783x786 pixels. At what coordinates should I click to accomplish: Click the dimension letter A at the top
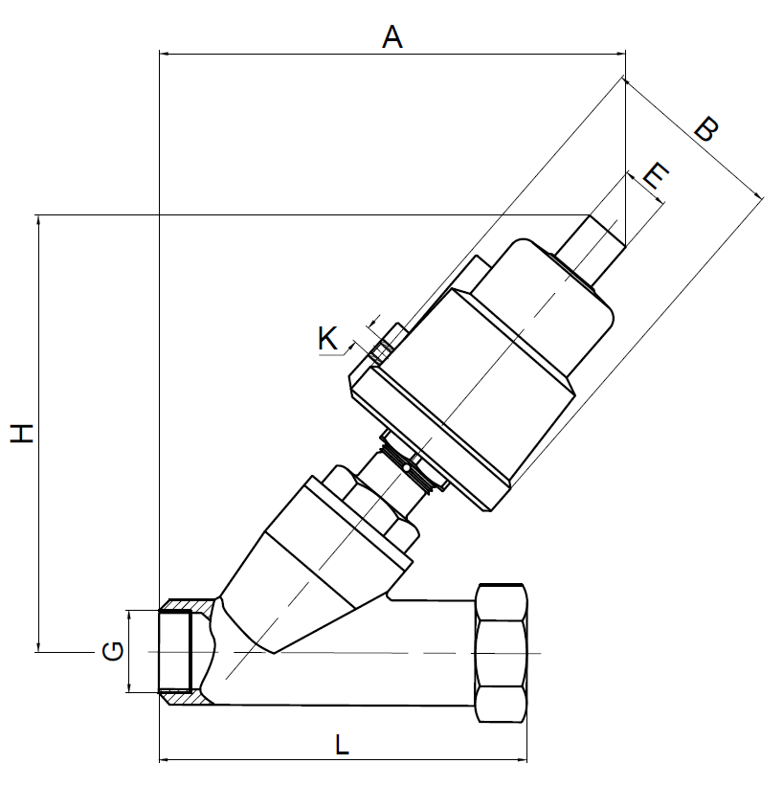tap(391, 37)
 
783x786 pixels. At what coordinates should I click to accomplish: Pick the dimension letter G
tap(112, 652)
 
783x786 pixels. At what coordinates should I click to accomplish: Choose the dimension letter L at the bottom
tap(342, 744)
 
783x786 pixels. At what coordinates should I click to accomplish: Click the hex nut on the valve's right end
tap(502, 653)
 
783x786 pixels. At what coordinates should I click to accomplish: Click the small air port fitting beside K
tap(386, 343)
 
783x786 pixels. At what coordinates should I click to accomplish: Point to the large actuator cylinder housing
tap(488, 373)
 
